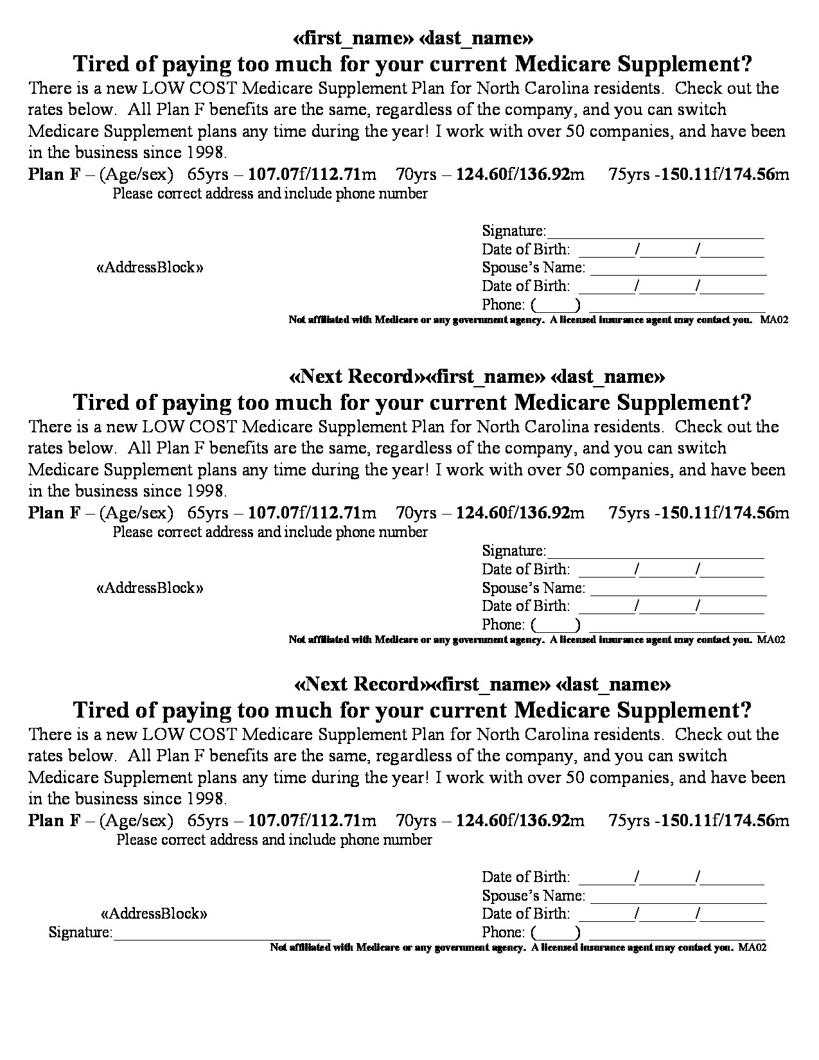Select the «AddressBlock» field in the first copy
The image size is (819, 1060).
click(150, 267)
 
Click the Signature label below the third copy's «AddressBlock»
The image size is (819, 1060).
click(80, 932)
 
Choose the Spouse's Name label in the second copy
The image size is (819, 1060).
click(533, 588)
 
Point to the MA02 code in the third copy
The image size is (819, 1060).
click(753, 947)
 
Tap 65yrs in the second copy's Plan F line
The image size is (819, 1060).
click(207, 513)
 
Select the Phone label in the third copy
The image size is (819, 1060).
click(503, 932)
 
